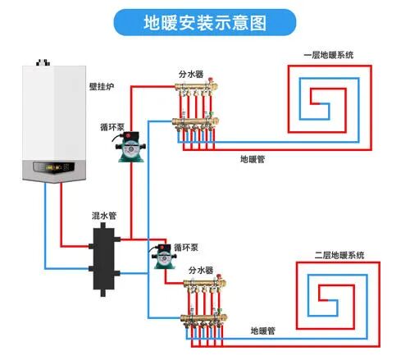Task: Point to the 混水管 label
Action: click(103, 216)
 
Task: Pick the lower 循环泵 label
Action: click(185, 245)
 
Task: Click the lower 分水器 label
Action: click(201, 269)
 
